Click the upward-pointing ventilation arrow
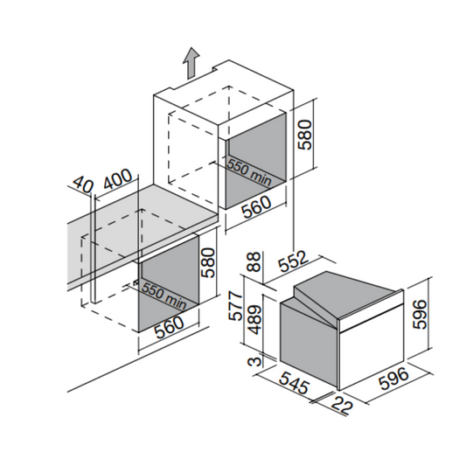pos(191,63)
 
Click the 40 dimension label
pos(83,184)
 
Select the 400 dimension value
pos(117,179)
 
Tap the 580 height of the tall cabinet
pos(304,135)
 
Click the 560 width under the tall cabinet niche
pos(256,207)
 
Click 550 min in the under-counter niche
pos(163,296)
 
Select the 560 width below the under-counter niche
pos(170,327)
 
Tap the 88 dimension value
pos(254,261)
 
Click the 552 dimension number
pos(293,261)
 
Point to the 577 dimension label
pos(237,306)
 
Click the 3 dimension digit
pos(254,361)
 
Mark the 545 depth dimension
pos(295,383)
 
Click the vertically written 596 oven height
pos(420,314)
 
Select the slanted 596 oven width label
pos(393,379)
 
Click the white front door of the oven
pos(372,354)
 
